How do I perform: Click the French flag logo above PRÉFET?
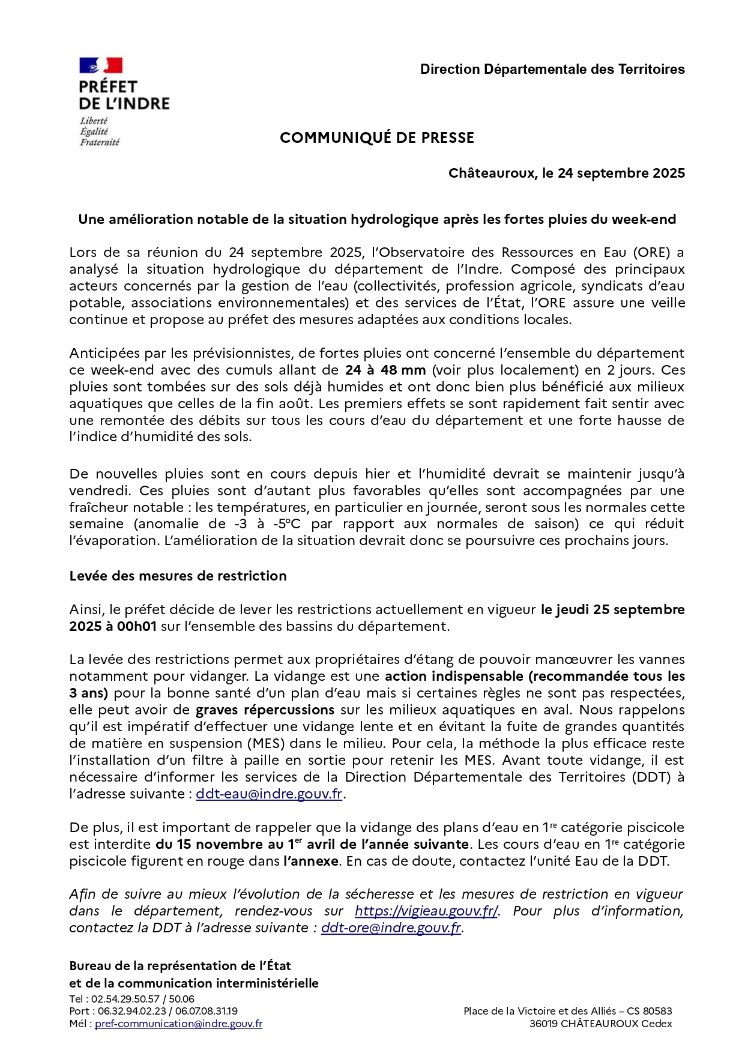pos(101,65)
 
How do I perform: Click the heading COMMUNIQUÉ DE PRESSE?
pos(377,138)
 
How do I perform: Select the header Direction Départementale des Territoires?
pos(552,70)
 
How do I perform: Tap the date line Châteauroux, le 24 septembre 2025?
pos(566,173)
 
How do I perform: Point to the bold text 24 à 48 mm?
pos(385,370)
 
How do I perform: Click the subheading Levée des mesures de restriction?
pos(178,576)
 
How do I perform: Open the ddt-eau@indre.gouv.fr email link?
pos(269,794)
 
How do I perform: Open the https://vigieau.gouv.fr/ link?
pos(426,911)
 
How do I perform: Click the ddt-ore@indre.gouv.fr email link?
pos(391,928)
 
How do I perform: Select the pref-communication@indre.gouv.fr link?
pos(178,1024)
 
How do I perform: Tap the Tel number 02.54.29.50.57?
pos(125,999)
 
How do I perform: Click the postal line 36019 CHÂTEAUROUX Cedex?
pos(600,1024)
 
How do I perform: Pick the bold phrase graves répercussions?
pos(265,710)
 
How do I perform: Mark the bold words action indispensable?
pos(454,676)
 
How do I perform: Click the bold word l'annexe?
pos(311,861)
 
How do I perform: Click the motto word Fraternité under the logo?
pos(100,142)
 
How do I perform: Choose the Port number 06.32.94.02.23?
pos(133,1011)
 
